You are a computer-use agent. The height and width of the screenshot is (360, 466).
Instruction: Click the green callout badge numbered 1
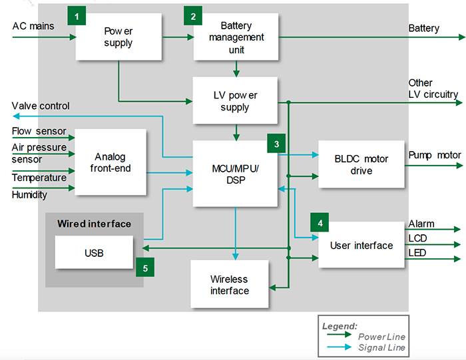77,15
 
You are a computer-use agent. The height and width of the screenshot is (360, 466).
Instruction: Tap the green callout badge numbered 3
276,142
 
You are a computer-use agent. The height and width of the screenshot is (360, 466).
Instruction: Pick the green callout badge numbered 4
320,222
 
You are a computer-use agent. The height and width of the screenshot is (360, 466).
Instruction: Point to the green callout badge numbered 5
144,268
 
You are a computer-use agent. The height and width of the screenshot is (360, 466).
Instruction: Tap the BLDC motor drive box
361,164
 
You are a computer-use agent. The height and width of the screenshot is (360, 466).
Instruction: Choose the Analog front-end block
111,162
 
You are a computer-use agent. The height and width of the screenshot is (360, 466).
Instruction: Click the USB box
94,253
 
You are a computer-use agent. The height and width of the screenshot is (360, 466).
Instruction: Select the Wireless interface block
229,285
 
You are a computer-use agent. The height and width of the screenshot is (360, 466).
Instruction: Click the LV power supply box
234,101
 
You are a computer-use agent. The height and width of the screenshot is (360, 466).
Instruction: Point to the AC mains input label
33,26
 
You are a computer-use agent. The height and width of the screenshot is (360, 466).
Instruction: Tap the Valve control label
41,106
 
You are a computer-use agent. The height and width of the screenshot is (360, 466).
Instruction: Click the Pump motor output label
434,155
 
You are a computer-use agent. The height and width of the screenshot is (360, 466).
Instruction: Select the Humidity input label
29,195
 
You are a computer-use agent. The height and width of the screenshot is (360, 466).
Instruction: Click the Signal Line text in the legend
381,347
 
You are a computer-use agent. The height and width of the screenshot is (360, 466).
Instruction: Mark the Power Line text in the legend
381,337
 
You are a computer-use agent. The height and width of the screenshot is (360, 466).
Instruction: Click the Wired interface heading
94,223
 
